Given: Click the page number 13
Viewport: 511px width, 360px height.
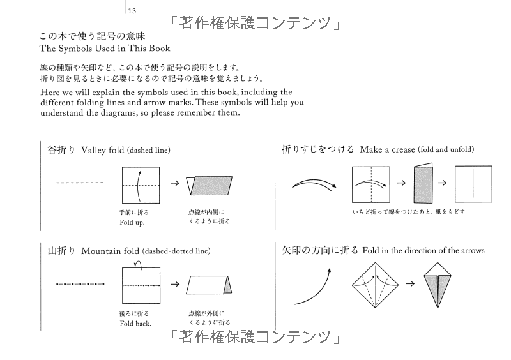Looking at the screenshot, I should click(x=132, y=10).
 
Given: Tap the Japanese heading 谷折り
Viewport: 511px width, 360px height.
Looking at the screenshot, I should click(x=62, y=150).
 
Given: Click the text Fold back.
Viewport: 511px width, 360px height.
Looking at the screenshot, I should click(x=135, y=322).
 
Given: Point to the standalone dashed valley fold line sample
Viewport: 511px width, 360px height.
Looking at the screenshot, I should click(x=80, y=183).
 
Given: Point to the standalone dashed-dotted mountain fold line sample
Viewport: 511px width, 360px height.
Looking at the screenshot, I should click(x=80, y=283).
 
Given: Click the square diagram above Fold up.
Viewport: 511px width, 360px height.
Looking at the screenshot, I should click(x=140, y=184).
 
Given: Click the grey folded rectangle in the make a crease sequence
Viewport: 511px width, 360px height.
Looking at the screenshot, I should click(x=423, y=184).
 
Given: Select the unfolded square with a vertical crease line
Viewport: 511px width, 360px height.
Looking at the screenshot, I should click(x=473, y=184).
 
